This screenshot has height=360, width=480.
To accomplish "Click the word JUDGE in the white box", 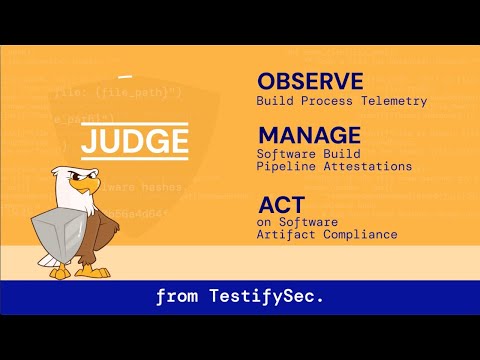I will pos(134,142).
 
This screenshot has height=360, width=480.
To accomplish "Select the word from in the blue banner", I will pos(174,296).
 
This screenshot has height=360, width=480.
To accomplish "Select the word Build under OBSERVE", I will pos(273,100).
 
